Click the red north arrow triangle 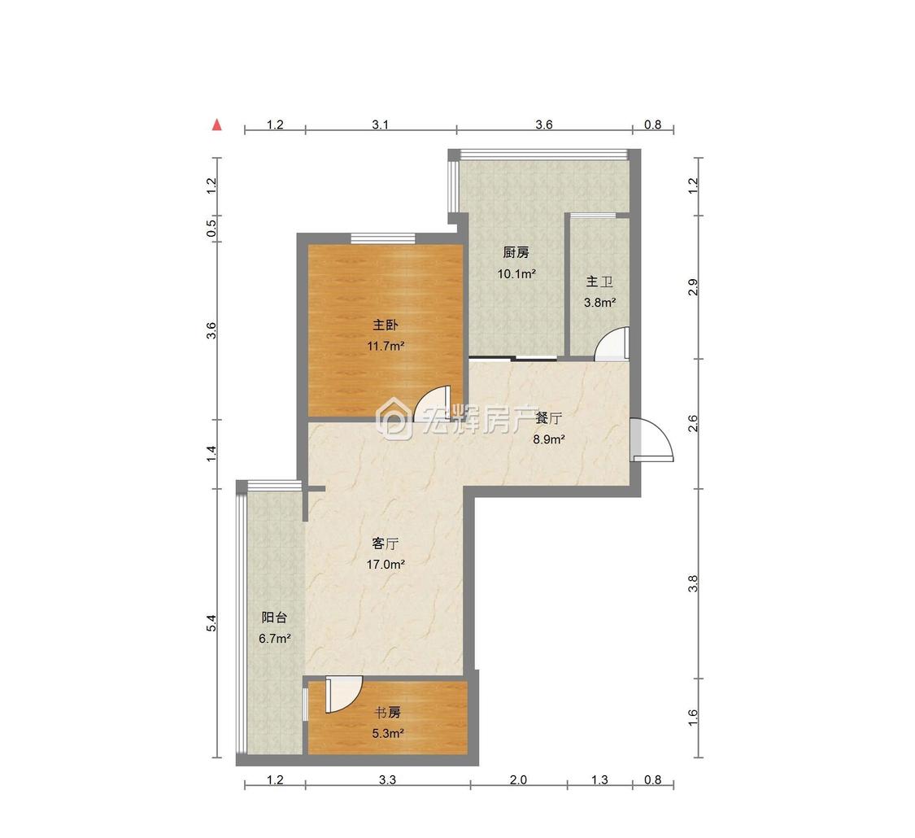tap(217, 124)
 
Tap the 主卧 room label tap(386, 325)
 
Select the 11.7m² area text tap(386, 346)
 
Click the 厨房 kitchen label tap(516, 252)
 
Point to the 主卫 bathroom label tap(599, 282)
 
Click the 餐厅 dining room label tap(549, 418)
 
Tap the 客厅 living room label tap(385, 543)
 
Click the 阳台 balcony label tap(274, 618)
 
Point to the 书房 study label tap(388, 712)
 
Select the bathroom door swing tap(612, 344)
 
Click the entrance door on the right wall tap(652, 441)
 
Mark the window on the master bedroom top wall tap(382, 238)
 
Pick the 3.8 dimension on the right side tap(693, 583)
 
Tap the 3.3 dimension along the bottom tap(387, 779)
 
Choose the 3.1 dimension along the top tap(381, 124)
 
